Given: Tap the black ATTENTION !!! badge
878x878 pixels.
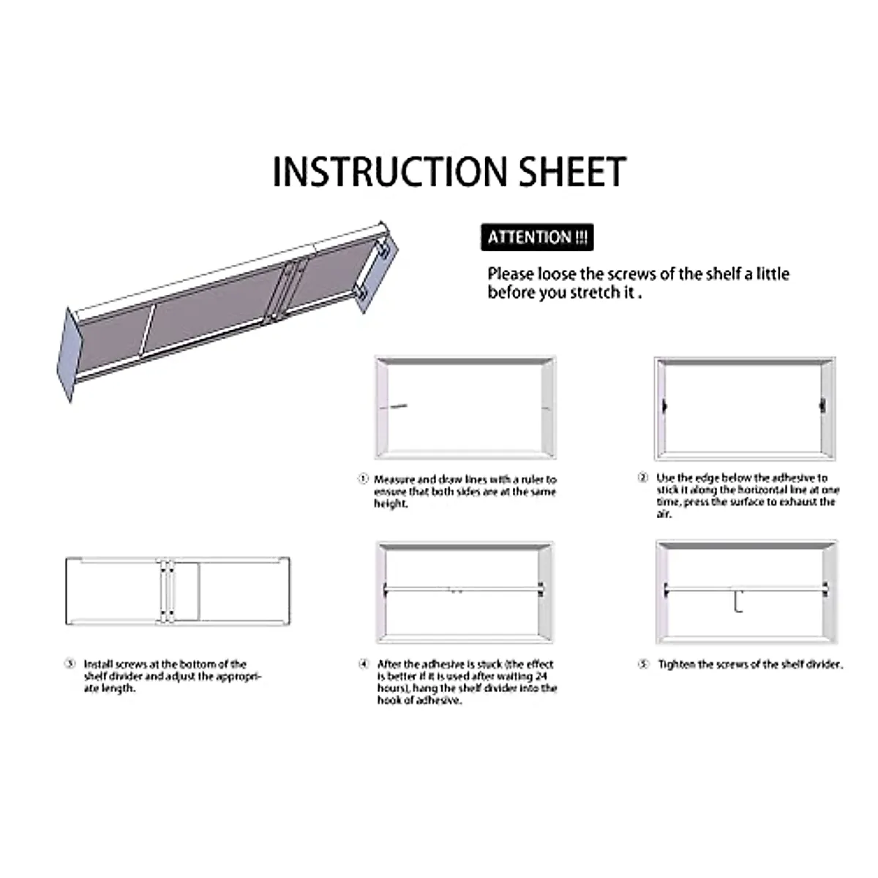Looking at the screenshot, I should click(x=537, y=238).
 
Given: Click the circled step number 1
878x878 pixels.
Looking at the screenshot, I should click(x=363, y=479).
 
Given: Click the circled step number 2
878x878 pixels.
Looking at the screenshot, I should click(x=642, y=478).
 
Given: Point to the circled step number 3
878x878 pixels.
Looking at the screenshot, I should click(x=70, y=664).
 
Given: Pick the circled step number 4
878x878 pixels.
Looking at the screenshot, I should click(x=364, y=664).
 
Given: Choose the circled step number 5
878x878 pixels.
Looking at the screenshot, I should click(x=643, y=664).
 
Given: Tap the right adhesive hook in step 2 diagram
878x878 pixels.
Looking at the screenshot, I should click(x=823, y=403).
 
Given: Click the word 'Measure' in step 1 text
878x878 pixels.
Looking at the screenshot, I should click(x=394, y=479).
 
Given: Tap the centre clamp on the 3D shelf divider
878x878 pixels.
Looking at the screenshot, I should click(x=285, y=289).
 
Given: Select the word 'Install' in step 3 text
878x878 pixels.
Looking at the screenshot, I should click(x=98, y=664).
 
